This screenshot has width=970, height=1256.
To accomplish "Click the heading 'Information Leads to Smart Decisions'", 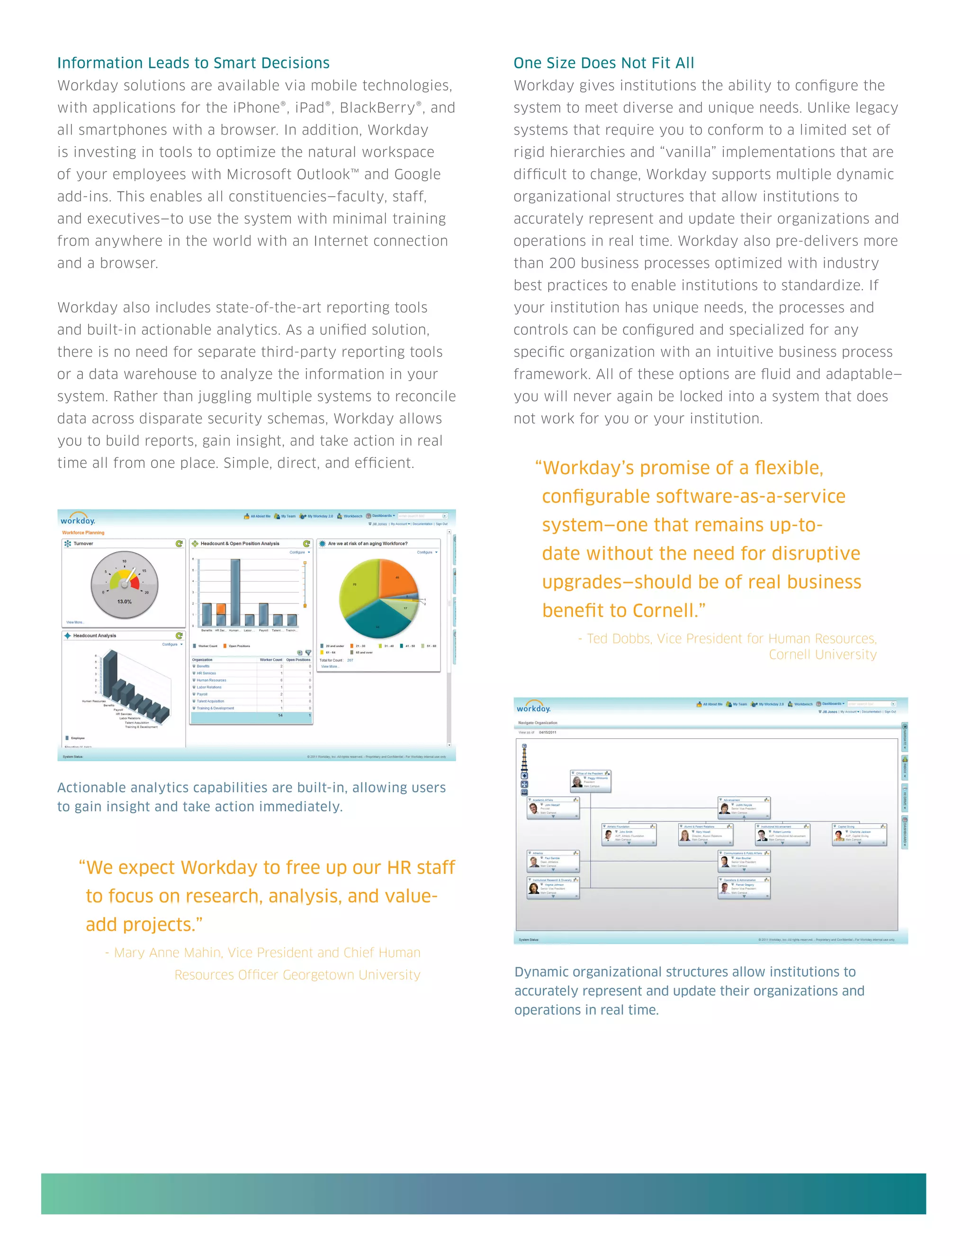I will point(193,63).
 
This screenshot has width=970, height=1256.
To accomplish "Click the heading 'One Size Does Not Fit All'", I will point(603,63).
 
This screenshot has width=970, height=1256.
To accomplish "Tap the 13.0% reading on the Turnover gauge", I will point(124,601).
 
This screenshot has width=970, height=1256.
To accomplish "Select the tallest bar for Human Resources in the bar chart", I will point(235,592).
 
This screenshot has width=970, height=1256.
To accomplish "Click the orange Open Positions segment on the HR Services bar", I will point(221,609).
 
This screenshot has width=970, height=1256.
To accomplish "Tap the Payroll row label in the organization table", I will point(202,694).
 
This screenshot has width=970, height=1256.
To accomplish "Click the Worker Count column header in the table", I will point(270,660).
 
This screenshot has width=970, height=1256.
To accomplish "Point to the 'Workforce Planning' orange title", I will point(83,533).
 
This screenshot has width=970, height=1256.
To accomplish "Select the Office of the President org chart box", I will point(590,781).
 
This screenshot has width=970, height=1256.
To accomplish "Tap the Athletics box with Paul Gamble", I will point(553,861).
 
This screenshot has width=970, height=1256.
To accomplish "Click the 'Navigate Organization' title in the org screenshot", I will point(537,723).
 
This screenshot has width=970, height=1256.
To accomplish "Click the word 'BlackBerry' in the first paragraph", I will point(377,108).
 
